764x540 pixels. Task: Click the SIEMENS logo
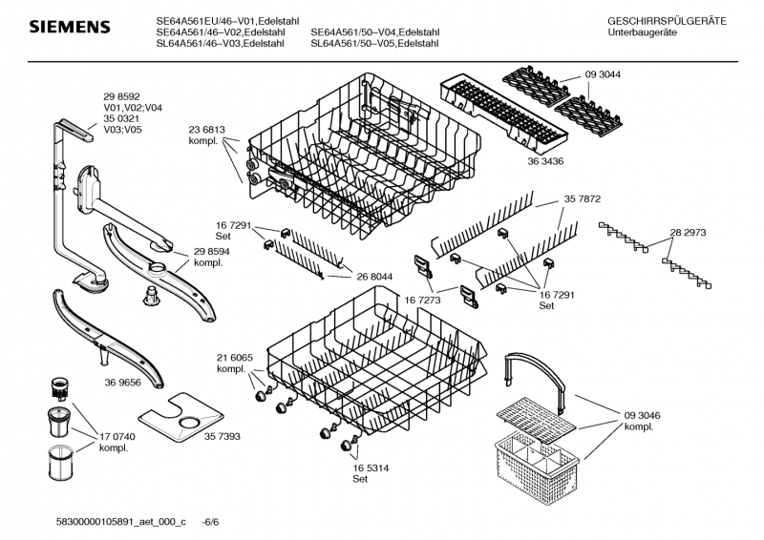point(70,27)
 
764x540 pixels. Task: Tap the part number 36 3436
point(545,161)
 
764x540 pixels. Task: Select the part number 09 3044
point(603,74)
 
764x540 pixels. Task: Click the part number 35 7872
point(583,198)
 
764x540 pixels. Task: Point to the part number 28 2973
point(688,232)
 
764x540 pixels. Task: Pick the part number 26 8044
point(374,277)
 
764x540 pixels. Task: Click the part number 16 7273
point(422,300)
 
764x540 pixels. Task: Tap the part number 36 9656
point(122,383)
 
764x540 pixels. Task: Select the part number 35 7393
point(223,436)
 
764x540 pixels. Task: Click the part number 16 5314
point(371,467)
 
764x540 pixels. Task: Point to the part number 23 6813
point(206,130)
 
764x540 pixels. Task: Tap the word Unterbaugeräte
point(635,32)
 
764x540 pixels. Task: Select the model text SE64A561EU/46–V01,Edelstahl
point(227,21)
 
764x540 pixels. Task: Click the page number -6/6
point(210,522)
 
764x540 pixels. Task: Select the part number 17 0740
point(117,436)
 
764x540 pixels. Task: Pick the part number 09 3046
point(642,415)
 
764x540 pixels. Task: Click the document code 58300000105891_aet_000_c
point(121,522)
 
